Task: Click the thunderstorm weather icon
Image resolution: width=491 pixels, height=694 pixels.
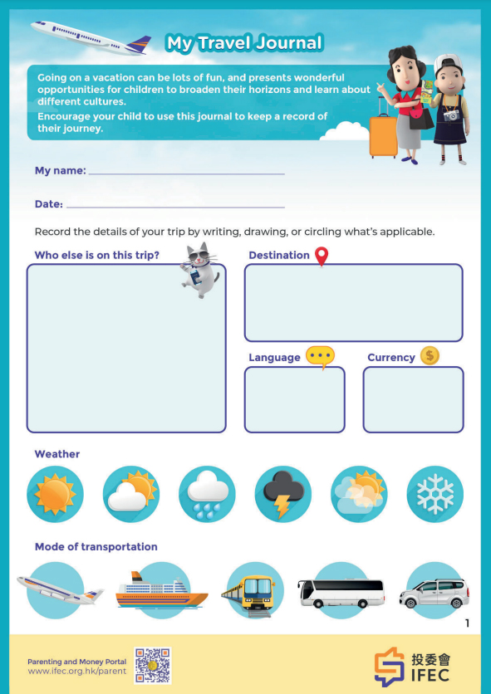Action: tap(283, 494)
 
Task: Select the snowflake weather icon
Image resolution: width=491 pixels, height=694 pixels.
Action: tap(435, 494)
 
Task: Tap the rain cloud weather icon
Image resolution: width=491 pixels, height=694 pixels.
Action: tap(207, 494)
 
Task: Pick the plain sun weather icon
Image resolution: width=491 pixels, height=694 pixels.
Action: tap(55, 494)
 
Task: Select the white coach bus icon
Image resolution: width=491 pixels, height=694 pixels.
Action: tap(341, 591)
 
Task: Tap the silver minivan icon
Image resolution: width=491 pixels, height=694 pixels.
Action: tap(434, 591)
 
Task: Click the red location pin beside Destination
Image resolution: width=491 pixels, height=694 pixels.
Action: tap(322, 257)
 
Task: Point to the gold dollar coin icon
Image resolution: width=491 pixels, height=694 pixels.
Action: tap(430, 355)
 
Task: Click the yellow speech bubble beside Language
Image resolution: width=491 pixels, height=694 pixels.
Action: tap(320, 357)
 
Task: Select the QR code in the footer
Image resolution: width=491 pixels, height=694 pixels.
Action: tap(152, 665)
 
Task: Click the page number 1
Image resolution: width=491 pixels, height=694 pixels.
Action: tap(467, 623)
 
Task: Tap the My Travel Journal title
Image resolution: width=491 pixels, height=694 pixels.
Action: tap(244, 43)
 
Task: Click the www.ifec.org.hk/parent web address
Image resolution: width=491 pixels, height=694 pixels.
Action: tap(77, 671)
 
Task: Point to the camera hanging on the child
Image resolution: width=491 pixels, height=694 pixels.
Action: tap(451, 115)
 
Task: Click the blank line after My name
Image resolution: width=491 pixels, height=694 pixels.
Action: tap(187, 174)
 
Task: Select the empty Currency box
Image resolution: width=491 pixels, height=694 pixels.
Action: tap(414, 399)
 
